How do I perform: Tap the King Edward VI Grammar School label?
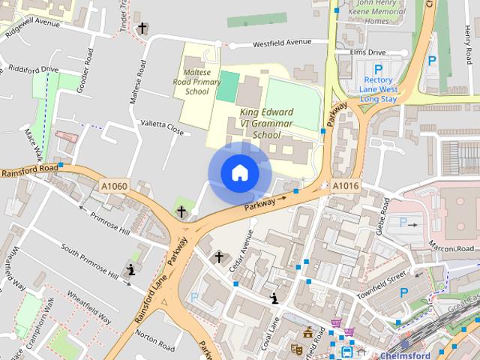click(266, 124)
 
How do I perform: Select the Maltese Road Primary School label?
click(197, 80)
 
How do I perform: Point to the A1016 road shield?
click(346, 186)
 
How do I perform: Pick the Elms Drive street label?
click(367, 53)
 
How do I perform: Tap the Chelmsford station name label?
click(405, 355)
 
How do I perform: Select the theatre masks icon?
click(297, 349)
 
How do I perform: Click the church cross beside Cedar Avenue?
click(219, 258)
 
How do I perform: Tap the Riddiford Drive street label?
click(30, 70)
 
